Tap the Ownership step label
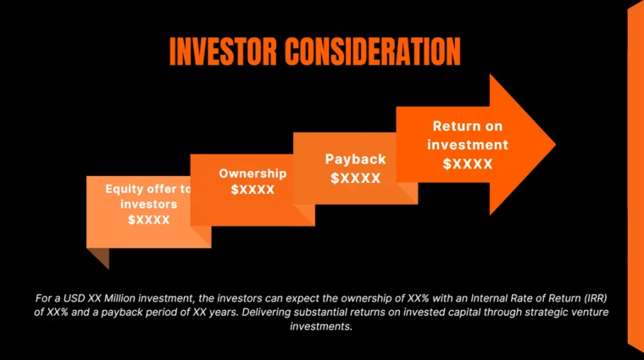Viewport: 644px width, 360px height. coord(253,174)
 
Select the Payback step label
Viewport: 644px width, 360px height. coord(355,159)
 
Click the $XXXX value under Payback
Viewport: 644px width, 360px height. coord(355,178)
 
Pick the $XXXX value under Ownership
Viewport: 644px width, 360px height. coord(253,190)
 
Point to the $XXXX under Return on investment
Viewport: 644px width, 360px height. coord(468,163)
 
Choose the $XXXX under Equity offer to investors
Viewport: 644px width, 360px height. coord(149,219)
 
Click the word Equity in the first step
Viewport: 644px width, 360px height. coord(123,189)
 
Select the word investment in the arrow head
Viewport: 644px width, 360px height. coord(468,145)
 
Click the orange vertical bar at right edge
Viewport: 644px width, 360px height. coord(635,178)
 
